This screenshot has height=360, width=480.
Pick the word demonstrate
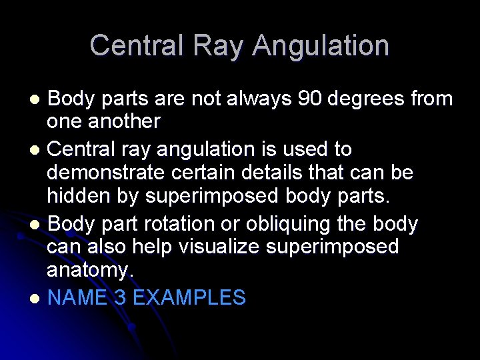[x=107, y=173]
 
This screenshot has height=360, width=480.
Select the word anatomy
[x=90, y=271]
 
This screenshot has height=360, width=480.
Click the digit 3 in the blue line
[x=121, y=297]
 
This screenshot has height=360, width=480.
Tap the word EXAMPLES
[x=189, y=297]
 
